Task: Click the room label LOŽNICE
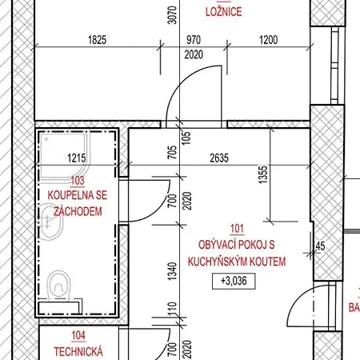(x=224, y=11)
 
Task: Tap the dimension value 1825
(x=98, y=40)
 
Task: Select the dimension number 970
(x=194, y=40)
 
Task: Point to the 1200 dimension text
(x=269, y=40)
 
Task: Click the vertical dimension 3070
(x=172, y=15)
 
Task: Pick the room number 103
(x=78, y=181)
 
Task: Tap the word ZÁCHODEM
(x=78, y=211)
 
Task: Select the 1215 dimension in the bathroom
(x=77, y=158)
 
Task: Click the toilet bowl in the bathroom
(x=59, y=286)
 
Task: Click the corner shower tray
(x=64, y=158)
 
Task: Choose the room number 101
(x=237, y=229)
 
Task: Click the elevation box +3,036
(x=234, y=281)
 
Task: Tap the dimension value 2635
(x=219, y=158)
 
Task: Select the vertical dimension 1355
(x=263, y=175)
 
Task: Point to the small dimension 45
(x=320, y=246)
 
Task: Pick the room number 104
(x=78, y=336)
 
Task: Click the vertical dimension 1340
(x=172, y=271)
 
